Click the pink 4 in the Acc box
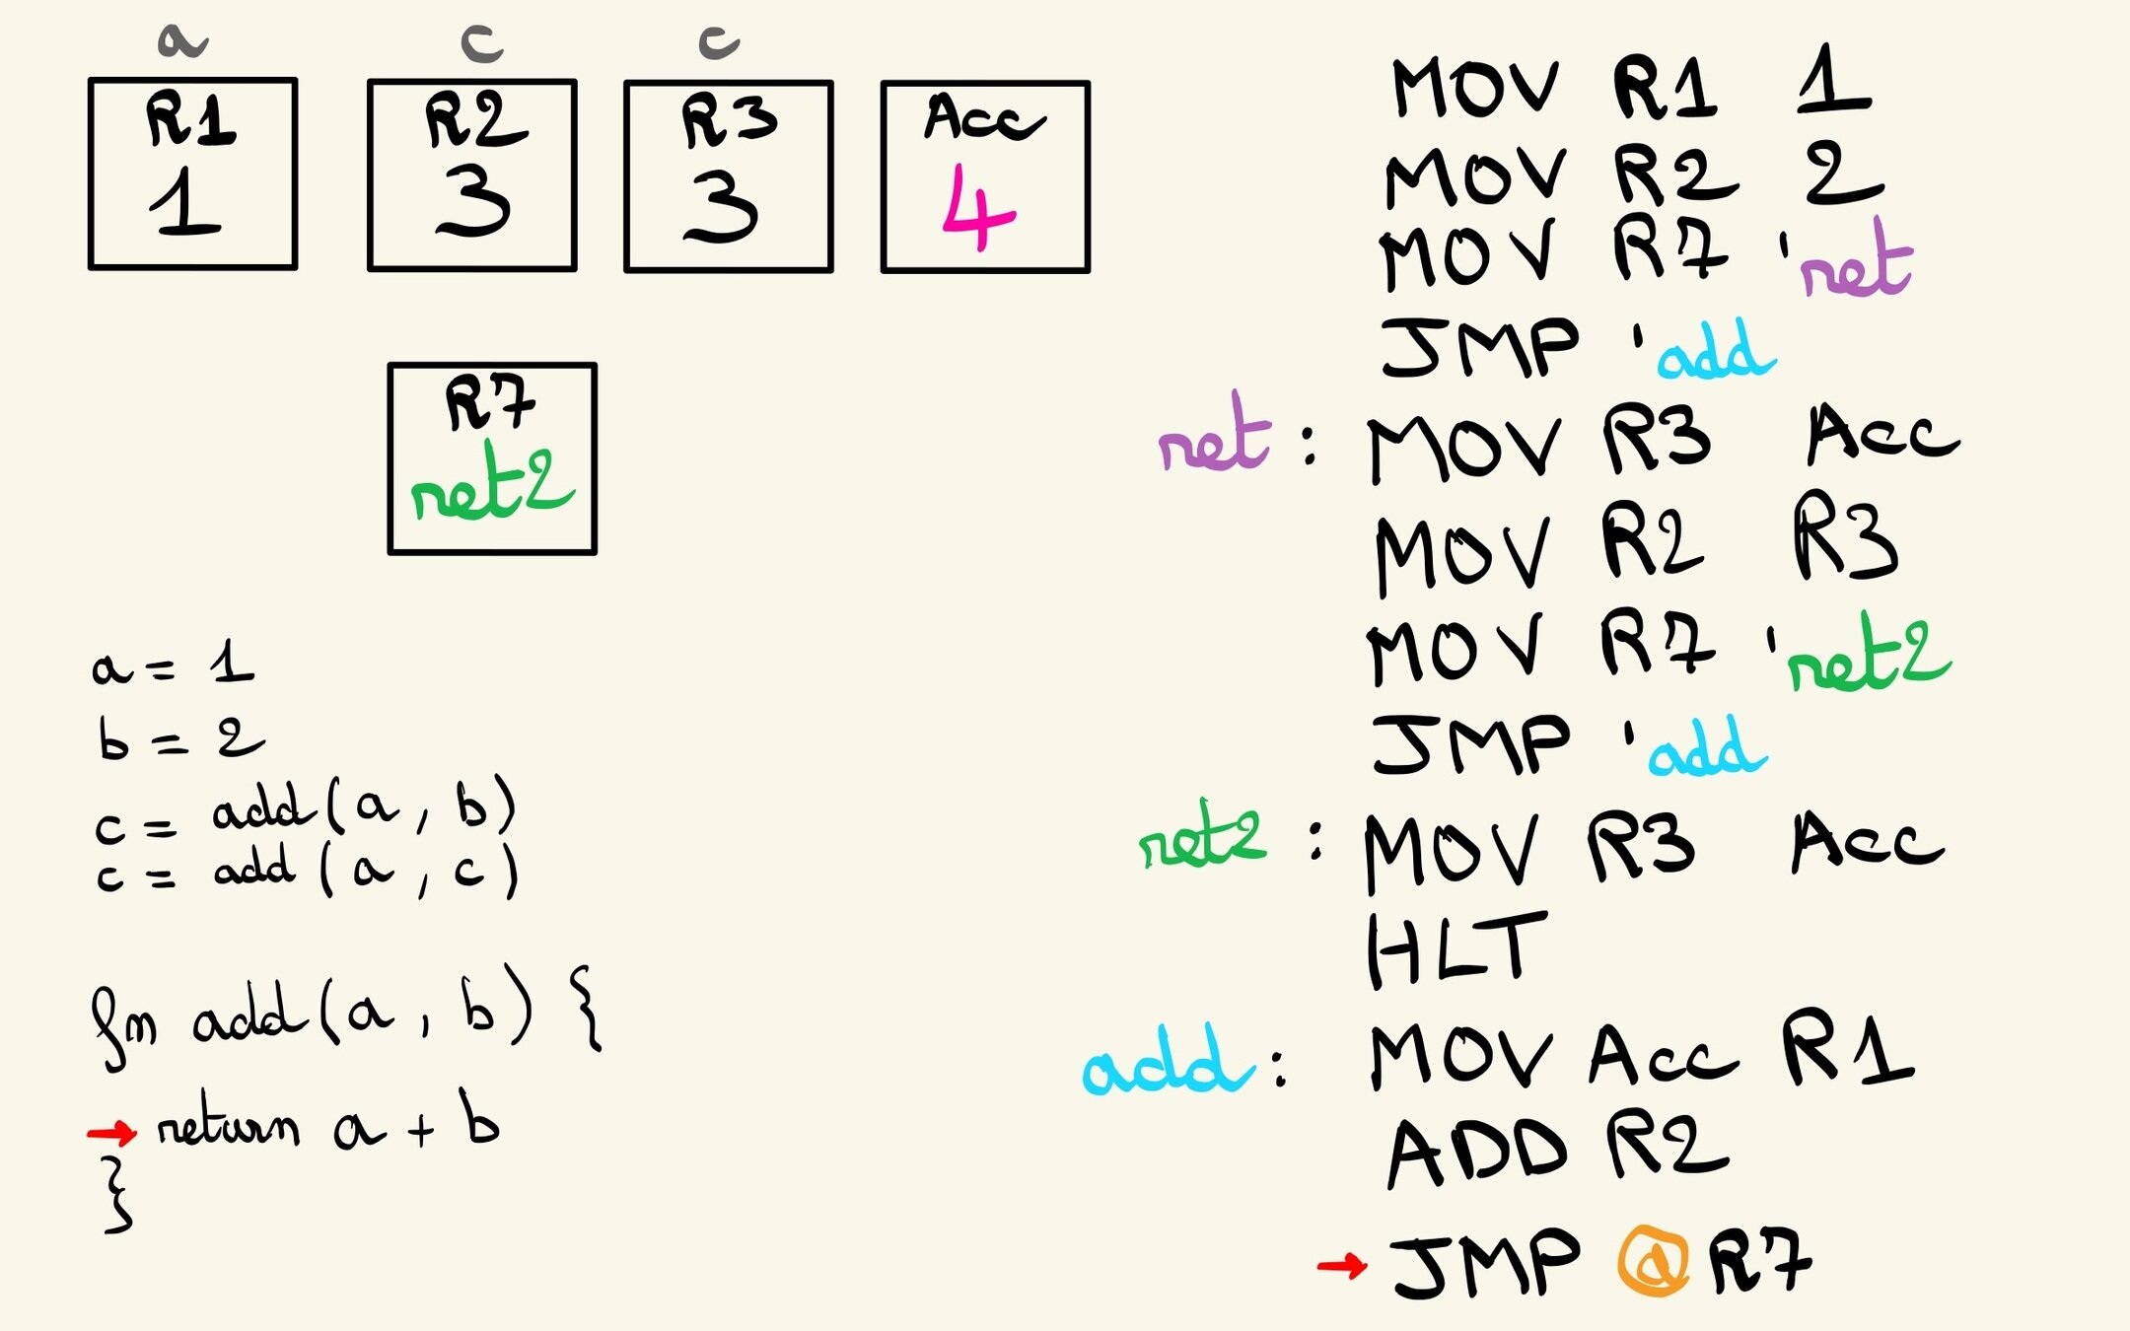(977, 208)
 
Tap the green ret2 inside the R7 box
(491, 485)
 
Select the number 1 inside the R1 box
(185, 202)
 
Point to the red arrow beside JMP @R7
(1342, 1264)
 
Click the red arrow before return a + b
(111, 1132)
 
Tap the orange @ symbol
(1653, 1261)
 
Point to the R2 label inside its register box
(475, 120)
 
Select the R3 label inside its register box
(729, 120)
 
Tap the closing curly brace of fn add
(116, 1195)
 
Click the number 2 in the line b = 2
(240, 737)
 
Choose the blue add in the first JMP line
(1715, 353)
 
